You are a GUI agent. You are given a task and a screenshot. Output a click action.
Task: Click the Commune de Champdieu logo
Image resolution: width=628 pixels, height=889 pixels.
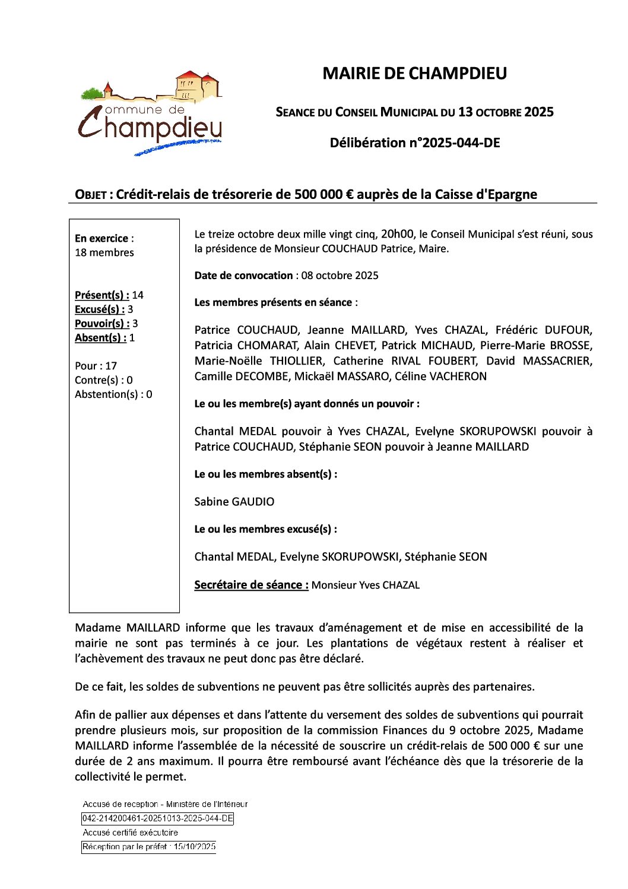pos(151,113)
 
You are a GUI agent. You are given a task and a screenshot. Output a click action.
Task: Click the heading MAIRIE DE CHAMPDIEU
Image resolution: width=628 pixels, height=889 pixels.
pos(414,74)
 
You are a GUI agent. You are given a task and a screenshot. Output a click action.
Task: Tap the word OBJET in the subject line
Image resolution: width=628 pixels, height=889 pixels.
pos(90,195)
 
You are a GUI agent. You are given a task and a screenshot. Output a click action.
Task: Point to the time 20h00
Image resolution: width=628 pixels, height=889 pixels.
pos(397,234)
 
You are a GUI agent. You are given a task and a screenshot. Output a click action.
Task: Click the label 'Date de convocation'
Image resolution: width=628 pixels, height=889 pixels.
pos(243,276)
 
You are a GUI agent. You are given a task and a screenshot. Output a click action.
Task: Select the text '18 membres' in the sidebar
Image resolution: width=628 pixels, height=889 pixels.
pos(104,252)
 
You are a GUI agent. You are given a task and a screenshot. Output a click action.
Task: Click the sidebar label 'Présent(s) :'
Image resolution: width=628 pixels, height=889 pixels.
pos(102,295)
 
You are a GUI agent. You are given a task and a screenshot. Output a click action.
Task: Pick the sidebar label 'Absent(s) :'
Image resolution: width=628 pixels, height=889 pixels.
pos(100,338)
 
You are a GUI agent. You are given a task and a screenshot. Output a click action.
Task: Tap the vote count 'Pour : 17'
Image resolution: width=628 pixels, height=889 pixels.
pos(96,366)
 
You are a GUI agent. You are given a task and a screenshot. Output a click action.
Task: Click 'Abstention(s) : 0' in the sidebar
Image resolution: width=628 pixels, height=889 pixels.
pos(113,394)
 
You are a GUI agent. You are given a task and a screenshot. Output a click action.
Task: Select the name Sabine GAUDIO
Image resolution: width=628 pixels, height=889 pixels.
pos(234,502)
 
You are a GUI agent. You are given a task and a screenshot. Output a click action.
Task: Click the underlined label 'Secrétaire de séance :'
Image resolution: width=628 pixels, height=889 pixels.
pos(251,585)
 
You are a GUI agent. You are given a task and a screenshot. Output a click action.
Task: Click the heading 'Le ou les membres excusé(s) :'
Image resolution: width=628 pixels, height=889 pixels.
pos(265,529)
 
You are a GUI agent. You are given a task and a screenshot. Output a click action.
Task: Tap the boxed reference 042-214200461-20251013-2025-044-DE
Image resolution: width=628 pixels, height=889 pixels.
pos(157,818)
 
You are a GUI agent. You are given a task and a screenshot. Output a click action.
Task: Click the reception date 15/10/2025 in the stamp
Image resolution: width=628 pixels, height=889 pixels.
pos(195,847)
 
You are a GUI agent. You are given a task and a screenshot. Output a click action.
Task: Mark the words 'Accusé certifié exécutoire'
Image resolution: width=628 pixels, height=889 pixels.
pos(130,833)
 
